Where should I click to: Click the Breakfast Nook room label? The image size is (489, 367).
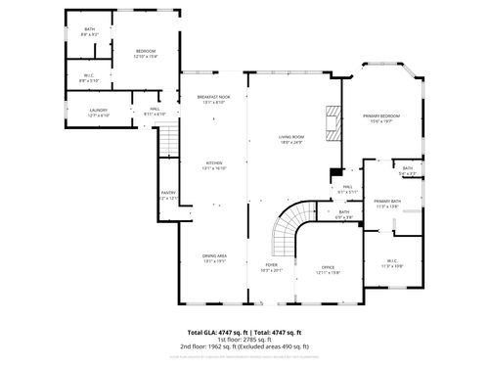212,98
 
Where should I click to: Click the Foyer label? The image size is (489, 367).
271,266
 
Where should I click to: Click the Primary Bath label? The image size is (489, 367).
387,203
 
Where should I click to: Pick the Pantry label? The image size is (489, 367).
168,194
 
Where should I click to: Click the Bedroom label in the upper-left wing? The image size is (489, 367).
146,51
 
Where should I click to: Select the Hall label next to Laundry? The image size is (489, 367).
155,110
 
